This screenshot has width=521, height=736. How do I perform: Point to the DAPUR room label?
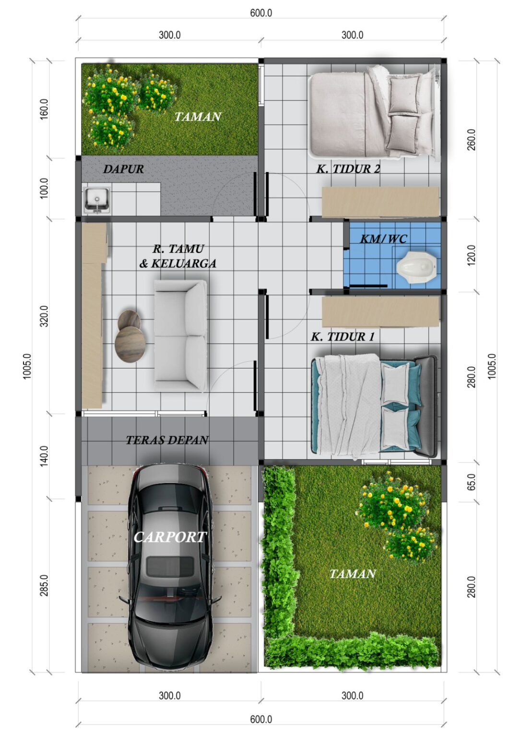(123, 169)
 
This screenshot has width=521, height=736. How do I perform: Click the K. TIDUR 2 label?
(348, 169)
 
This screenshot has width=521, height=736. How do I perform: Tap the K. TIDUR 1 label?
(343, 336)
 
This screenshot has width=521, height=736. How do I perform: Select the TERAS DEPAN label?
(167, 440)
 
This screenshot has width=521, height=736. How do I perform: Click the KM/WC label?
(383, 239)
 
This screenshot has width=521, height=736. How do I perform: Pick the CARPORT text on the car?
(170, 537)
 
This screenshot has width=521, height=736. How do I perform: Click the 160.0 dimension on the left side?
(44, 109)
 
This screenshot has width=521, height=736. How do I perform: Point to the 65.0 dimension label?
(471, 482)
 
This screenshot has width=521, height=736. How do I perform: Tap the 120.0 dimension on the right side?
(471, 255)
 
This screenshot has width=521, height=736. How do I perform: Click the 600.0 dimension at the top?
(261, 13)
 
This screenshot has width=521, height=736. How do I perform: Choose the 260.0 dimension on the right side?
(471, 139)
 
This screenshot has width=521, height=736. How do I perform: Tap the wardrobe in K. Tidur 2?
(380, 202)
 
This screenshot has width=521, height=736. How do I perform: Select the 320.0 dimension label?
(44, 316)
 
